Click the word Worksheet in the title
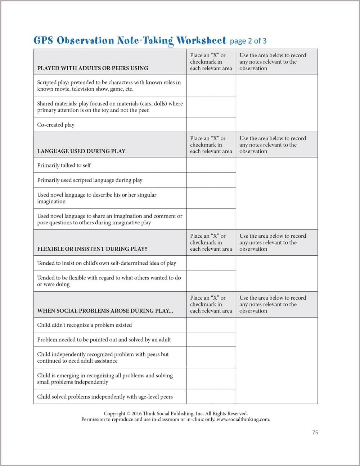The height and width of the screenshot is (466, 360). click(x=201, y=40)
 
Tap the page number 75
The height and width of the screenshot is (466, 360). click(x=315, y=433)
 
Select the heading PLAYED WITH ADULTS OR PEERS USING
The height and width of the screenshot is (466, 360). click(x=93, y=68)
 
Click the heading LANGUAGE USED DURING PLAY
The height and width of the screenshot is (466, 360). click(x=81, y=151)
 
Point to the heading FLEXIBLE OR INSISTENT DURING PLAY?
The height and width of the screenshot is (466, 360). click(x=92, y=249)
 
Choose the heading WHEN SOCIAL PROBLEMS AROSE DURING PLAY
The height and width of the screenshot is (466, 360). click(x=105, y=311)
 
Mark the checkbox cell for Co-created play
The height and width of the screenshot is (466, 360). click(x=211, y=125)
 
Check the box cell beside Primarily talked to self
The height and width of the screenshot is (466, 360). click(x=211, y=165)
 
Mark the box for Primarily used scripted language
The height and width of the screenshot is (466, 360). click(x=211, y=180)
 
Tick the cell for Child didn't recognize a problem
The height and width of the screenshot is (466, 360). click(x=211, y=325)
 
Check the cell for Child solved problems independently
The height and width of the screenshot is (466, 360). click(x=211, y=396)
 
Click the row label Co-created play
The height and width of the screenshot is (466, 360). click(x=56, y=125)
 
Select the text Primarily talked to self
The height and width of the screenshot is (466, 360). click(x=64, y=165)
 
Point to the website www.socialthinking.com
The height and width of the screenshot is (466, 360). click(x=243, y=420)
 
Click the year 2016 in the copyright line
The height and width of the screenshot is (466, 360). click(x=136, y=414)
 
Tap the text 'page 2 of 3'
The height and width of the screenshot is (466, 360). click(x=248, y=41)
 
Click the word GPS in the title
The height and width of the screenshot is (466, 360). click(x=43, y=40)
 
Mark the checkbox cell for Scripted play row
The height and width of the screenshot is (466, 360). click(x=211, y=86)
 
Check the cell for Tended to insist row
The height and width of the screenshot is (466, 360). click(x=211, y=263)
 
